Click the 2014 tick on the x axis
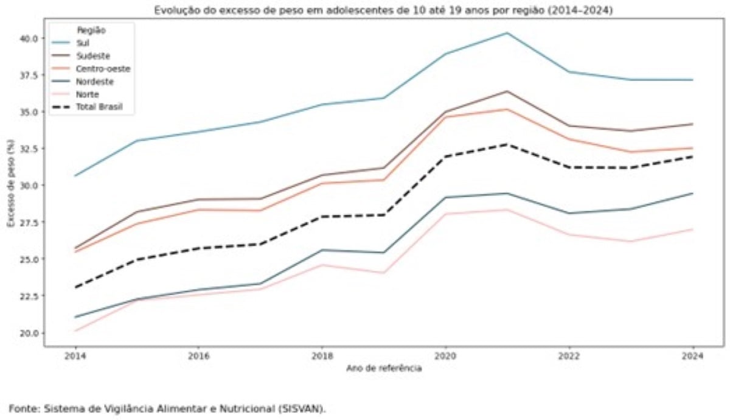pos(75,357)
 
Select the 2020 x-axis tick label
pos(445,357)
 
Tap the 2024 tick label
pos(693,357)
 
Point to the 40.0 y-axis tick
pos(29,38)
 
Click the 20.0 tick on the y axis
pos(29,333)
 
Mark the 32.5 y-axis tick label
pos(29,149)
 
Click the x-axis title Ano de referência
pos(383,369)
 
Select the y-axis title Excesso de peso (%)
pos(10,186)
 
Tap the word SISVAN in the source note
pos(307,408)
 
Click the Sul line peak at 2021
pos(507,33)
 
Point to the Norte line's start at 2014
pos(75,331)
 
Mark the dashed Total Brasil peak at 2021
pos(507,144)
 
